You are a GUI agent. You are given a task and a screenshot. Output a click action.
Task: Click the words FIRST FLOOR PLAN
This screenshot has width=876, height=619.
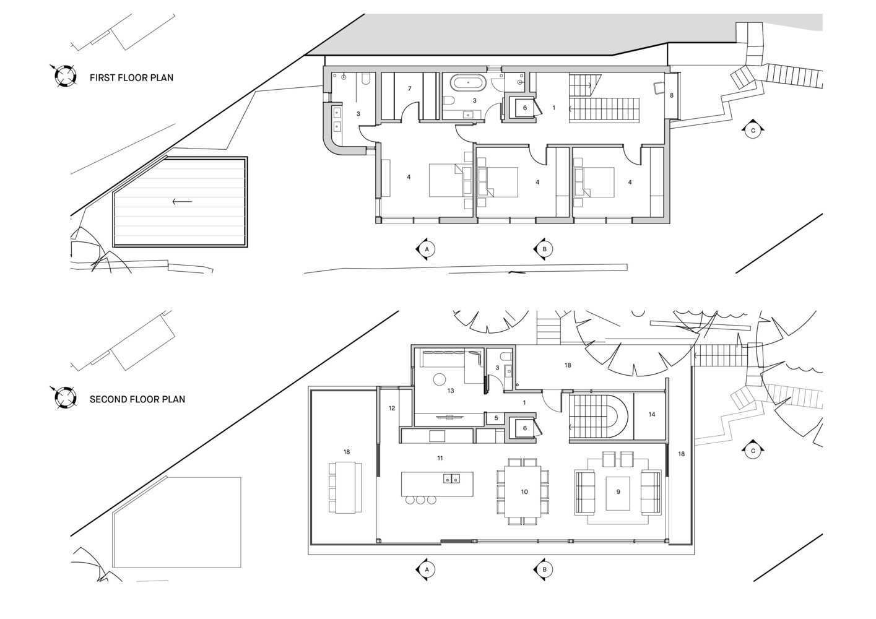131,78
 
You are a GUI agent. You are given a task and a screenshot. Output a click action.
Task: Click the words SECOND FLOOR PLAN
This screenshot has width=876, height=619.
137,399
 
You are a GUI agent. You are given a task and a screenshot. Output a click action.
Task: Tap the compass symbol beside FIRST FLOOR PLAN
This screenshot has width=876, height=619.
64,76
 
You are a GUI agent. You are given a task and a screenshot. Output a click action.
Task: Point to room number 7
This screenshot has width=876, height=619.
409,89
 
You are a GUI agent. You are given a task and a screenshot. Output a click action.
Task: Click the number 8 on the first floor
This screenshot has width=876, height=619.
672,95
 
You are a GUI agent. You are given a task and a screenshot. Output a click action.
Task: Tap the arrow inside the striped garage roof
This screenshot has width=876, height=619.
182,201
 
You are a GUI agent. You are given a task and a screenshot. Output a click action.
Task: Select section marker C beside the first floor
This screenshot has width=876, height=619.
753,130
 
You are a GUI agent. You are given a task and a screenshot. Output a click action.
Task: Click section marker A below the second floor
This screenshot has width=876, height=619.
426,569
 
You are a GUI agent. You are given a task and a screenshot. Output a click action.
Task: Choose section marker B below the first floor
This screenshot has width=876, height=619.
544,249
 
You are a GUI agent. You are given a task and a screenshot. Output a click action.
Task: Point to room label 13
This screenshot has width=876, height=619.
450,391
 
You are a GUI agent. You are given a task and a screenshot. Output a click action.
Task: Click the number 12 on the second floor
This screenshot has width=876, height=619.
392,409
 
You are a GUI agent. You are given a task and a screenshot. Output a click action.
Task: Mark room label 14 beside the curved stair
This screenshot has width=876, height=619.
652,415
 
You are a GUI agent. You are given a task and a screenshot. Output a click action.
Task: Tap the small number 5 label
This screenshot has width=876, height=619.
496,418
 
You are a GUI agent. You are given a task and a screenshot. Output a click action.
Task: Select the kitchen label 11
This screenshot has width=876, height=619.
440,458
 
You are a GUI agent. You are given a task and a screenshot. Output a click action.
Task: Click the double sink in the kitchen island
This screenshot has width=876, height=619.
451,478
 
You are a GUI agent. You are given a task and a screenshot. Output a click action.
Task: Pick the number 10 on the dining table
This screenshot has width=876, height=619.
524,492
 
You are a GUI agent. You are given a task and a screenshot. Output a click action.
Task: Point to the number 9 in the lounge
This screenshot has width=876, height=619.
618,491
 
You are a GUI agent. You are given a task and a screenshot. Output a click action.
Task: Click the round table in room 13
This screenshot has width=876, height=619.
440,379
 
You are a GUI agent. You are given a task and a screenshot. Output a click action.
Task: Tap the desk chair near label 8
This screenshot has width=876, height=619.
659,88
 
